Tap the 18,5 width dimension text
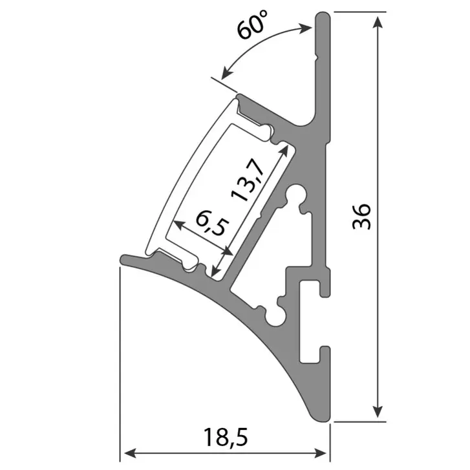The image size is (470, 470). tap(228, 438)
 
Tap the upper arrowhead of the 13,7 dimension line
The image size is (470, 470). tap(283, 148)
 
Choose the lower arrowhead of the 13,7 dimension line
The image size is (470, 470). tap(222, 265)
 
